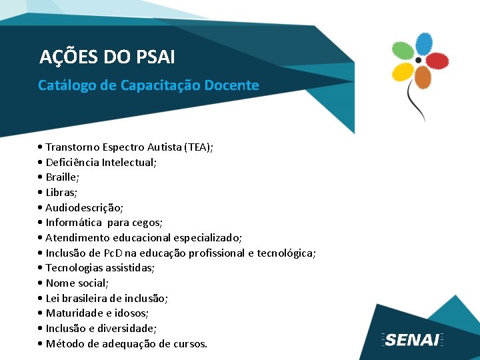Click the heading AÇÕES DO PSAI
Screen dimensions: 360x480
pos(107,57)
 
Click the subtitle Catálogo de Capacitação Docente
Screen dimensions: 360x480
pos(148,85)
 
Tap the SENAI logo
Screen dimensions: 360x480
pos(413,339)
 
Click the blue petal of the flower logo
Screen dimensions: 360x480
pos(424,45)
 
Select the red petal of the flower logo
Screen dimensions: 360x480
pos(437,61)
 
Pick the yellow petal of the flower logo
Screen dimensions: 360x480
pos(403,71)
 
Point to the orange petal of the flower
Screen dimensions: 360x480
pos(423,78)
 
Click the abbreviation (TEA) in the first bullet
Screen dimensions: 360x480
pos(199,147)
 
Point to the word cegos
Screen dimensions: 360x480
pos(147,223)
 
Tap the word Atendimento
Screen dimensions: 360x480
pos(76,238)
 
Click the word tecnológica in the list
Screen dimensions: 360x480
pos(286,253)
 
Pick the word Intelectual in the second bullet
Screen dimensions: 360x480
pos(128,162)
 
